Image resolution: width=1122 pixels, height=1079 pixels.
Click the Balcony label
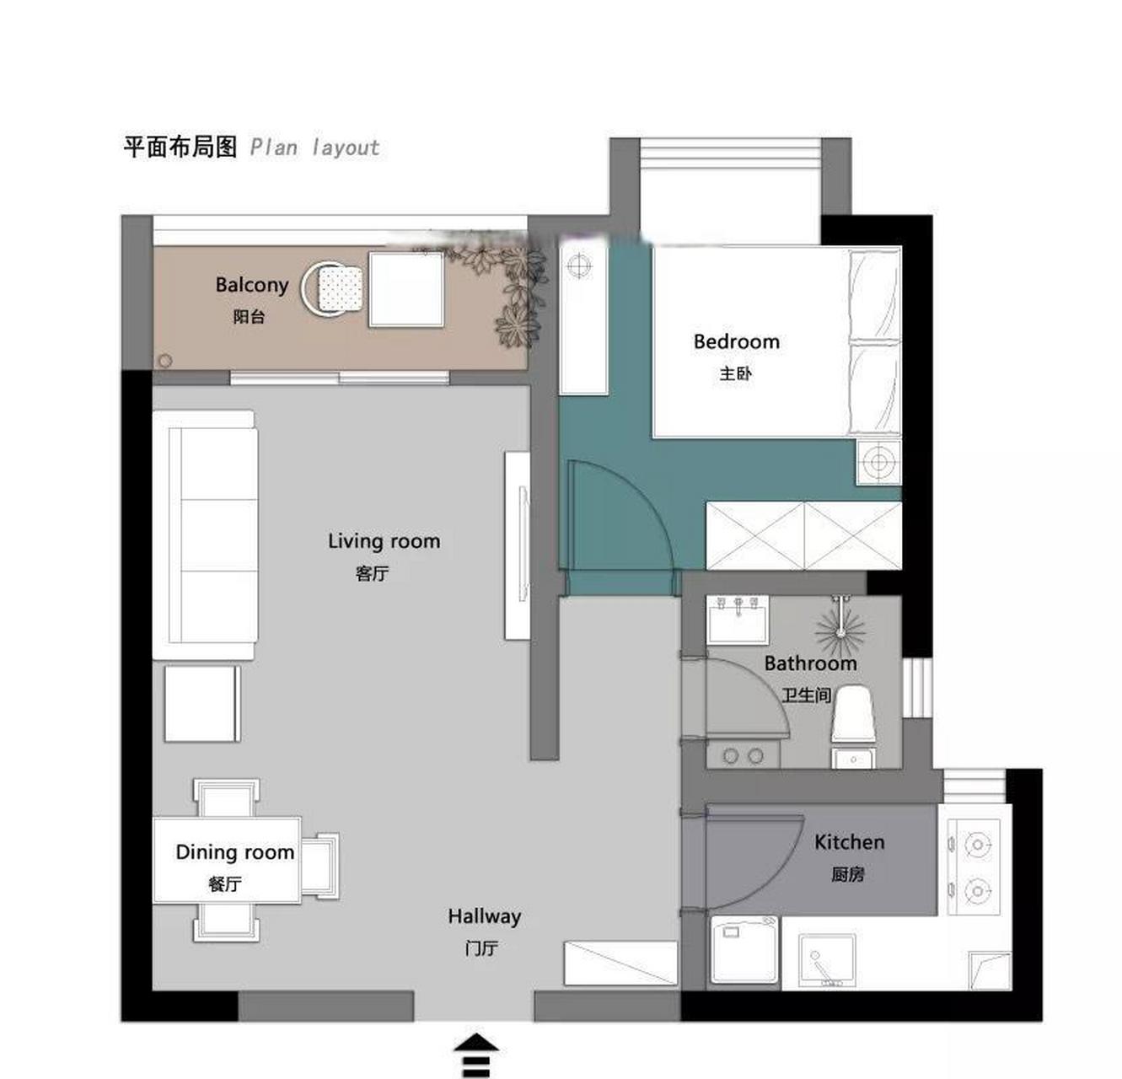point(252,284)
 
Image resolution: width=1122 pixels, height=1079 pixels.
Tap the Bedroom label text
point(736,341)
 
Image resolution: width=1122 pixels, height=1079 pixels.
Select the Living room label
point(384,541)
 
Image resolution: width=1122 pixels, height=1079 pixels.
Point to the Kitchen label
point(849,842)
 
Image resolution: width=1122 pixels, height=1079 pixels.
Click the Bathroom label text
point(810,663)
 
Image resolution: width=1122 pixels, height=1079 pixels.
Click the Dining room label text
point(234,851)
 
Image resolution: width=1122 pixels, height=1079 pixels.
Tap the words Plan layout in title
point(314,148)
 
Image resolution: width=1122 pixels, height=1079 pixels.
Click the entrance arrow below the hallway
point(476,1055)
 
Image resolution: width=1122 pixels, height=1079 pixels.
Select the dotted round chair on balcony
point(333,289)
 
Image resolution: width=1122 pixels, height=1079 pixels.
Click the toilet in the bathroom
point(853,714)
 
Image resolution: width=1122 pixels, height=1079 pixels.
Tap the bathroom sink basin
point(738,620)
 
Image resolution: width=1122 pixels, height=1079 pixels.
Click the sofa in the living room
point(205,534)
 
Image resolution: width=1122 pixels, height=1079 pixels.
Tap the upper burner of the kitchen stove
point(978,845)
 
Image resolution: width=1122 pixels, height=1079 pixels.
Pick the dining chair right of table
point(320,866)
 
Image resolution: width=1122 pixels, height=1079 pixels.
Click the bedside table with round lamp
point(878,461)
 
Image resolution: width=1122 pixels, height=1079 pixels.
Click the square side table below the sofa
point(202,704)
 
